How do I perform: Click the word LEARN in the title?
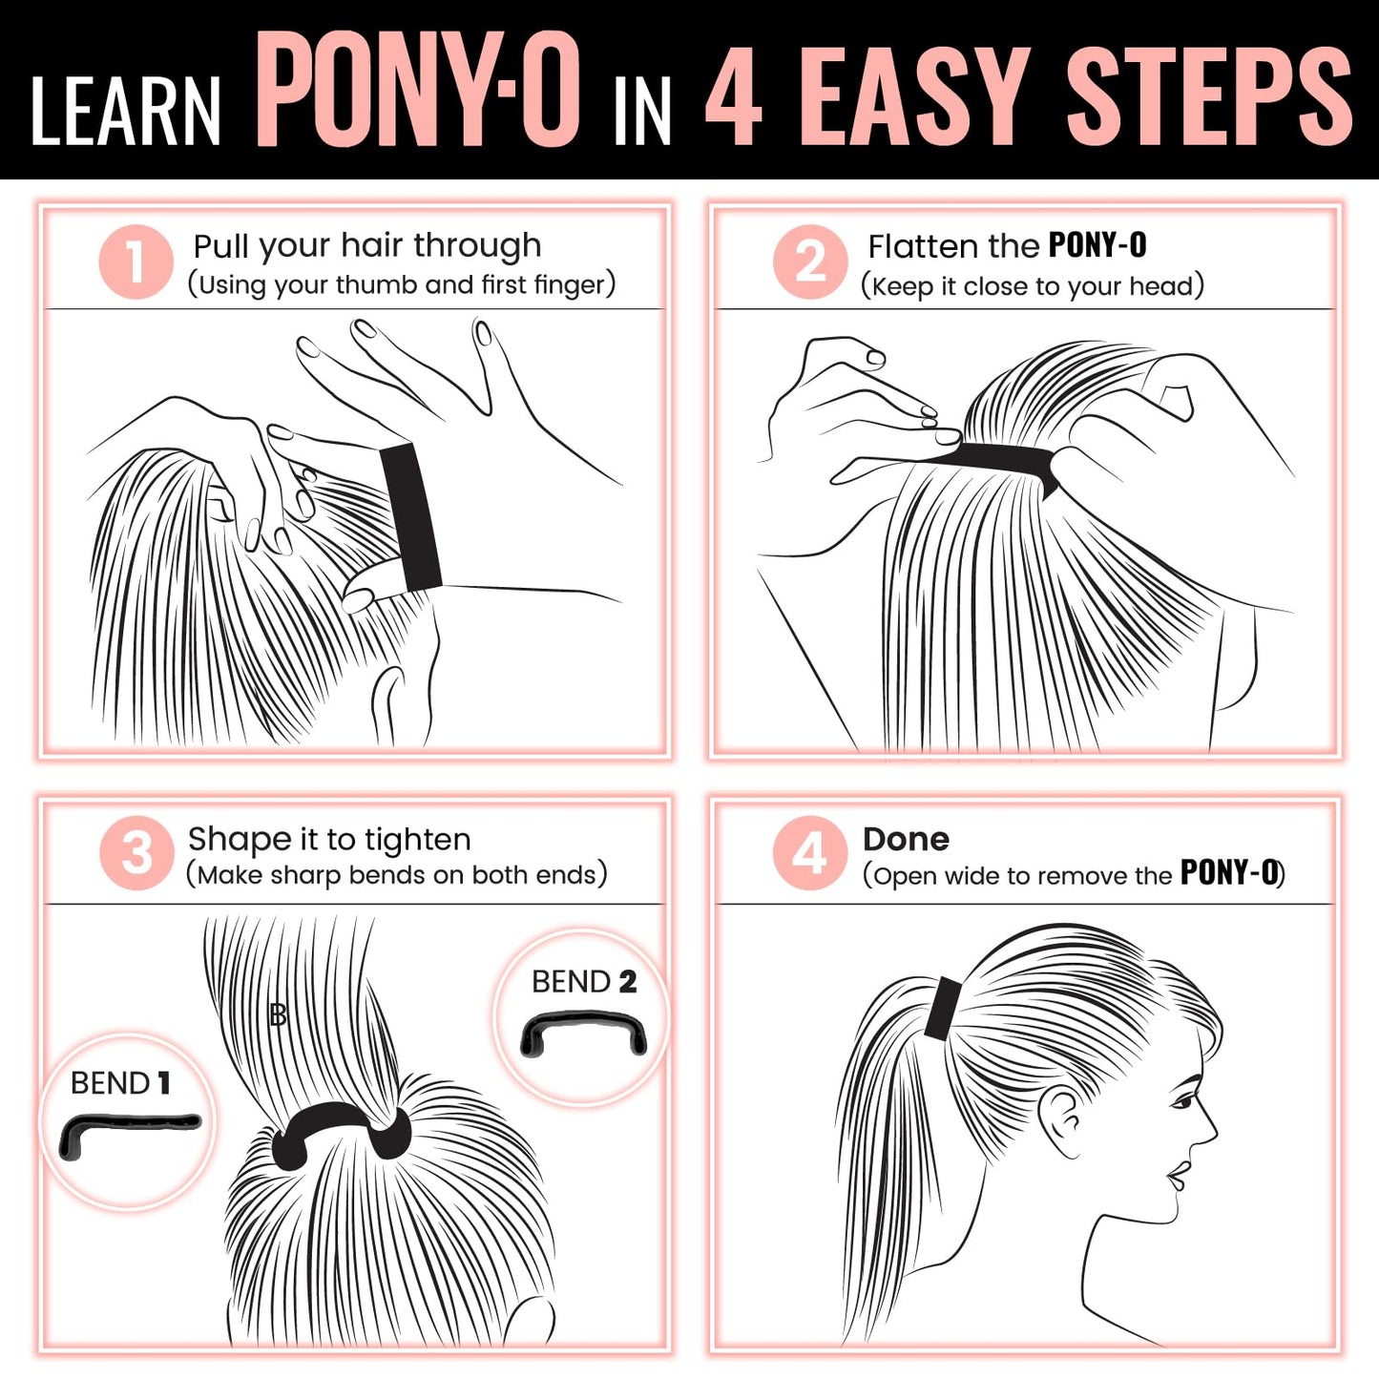click(x=126, y=111)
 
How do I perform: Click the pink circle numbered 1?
click(x=136, y=261)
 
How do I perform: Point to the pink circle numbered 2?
click(x=810, y=261)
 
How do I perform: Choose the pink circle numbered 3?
click(x=136, y=852)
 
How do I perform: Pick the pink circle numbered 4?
click(x=810, y=852)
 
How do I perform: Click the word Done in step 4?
click(x=906, y=839)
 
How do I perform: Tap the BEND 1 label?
click(x=120, y=1083)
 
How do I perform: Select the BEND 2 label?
click(x=584, y=982)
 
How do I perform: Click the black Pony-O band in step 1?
click(x=411, y=516)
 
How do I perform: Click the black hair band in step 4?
click(x=942, y=1009)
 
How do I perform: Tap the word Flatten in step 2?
click(x=924, y=246)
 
